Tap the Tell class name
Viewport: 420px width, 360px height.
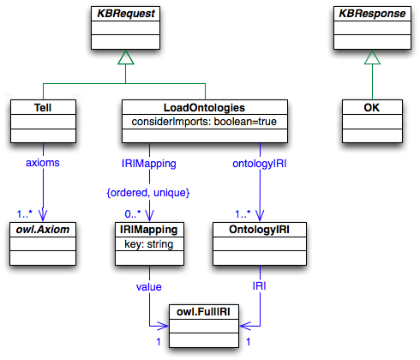click(42, 108)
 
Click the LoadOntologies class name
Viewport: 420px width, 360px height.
click(205, 108)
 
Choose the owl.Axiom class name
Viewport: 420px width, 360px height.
click(43, 231)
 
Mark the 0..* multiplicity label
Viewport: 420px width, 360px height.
click(130, 211)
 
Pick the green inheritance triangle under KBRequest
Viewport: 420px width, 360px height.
click(126, 57)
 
